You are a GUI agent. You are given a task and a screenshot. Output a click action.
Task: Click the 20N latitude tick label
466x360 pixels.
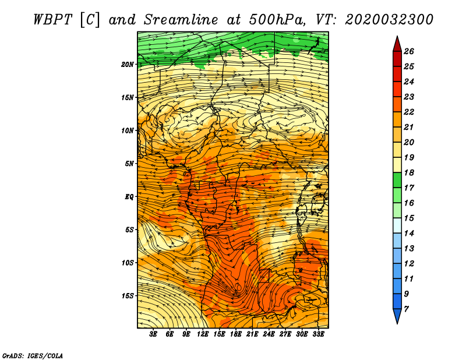pyautogui.click(x=127, y=65)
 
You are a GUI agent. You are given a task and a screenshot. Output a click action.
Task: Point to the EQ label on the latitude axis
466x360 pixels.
pyautogui.click(x=129, y=197)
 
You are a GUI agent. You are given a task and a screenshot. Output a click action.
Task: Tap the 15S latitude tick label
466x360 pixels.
pyautogui.click(x=127, y=296)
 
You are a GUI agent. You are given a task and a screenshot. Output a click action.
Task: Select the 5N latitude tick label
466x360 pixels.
pyautogui.click(x=129, y=164)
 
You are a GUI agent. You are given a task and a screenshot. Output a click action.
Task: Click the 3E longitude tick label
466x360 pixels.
pyautogui.click(x=153, y=334)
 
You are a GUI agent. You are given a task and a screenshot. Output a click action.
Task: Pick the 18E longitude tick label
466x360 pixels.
pyautogui.click(x=236, y=334)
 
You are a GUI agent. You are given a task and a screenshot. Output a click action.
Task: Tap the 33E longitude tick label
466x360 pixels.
pyautogui.click(x=318, y=334)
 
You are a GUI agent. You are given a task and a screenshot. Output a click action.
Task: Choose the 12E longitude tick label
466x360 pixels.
pyautogui.click(x=203, y=334)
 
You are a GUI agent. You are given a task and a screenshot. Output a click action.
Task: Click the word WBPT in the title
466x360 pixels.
pyautogui.click(x=52, y=20)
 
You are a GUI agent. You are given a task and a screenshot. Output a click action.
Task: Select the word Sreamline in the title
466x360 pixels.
pyautogui.click(x=181, y=20)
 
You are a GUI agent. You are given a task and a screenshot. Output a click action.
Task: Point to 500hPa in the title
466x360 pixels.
pyautogui.click(x=277, y=20)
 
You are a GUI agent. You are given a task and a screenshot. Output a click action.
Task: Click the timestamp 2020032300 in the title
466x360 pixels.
pyautogui.click(x=389, y=20)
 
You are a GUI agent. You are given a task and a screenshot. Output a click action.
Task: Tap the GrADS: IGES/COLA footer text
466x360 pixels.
pyautogui.click(x=33, y=355)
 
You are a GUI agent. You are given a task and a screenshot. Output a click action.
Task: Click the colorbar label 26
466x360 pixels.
pyautogui.click(x=409, y=51)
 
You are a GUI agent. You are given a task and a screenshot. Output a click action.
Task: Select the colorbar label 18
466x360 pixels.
pyautogui.click(x=409, y=172)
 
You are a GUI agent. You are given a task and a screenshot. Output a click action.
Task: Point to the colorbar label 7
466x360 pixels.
pyautogui.click(x=406, y=309)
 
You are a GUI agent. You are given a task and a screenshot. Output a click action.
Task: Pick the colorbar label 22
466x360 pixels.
pyautogui.click(x=409, y=112)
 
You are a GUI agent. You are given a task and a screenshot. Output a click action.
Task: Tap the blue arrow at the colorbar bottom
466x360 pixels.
pyautogui.click(x=397, y=316)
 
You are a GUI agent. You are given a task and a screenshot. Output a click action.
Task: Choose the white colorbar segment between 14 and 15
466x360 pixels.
pyautogui.click(x=397, y=225)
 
